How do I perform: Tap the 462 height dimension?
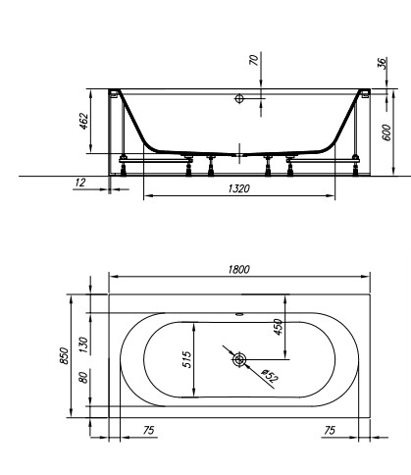pyautogui.click(x=84, y=121)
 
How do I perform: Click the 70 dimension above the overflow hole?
pyautogui.click(x=255, y=60)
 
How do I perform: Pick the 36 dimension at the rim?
pyautogui.click(x=382, y=62)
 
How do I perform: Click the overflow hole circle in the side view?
pyautogui.click(x=238, y=99)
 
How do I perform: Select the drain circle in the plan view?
pyautogui.click(x=238, y=360)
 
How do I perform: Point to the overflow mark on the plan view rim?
pyautogui.click(x=238, y=316)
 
